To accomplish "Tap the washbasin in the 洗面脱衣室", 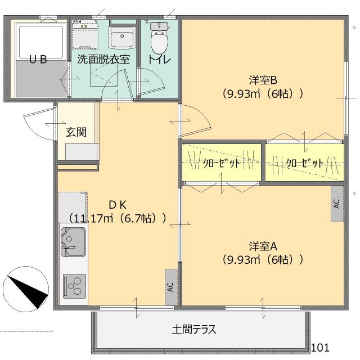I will pyautogui.click(x=121, y=38).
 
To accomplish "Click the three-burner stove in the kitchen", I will pyautogui.click(x=74, y=285).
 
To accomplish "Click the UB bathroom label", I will pyautogui.click(x=38, y=59).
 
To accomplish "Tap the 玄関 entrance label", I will pyautogui.click(x=76, y=132).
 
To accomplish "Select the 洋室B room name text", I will pyautogui.click(x=263, y=80).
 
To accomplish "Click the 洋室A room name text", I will pyautogui.click(x=263, y=246).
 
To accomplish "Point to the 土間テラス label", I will pyautogui.click(x=193, y=330).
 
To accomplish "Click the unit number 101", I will pyautogui.click(x=320, y=347).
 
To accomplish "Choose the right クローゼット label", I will pyautogui.click(x=304, y=163).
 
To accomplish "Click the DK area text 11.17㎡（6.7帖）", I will pyautogui.click(x=118, y=217).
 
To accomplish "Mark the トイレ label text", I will pyautogui.click(x=159, y=59).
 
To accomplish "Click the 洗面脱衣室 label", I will pyautogui.click(x=103, y=59).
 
